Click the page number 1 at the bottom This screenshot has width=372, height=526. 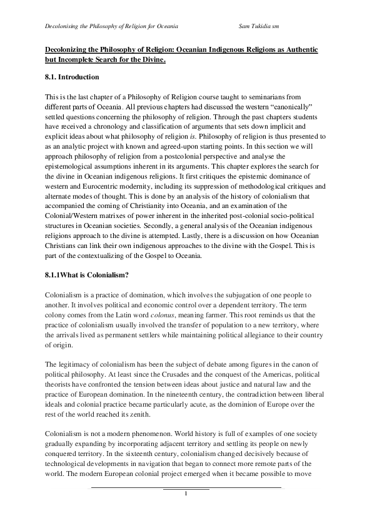(x=186, y=494)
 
